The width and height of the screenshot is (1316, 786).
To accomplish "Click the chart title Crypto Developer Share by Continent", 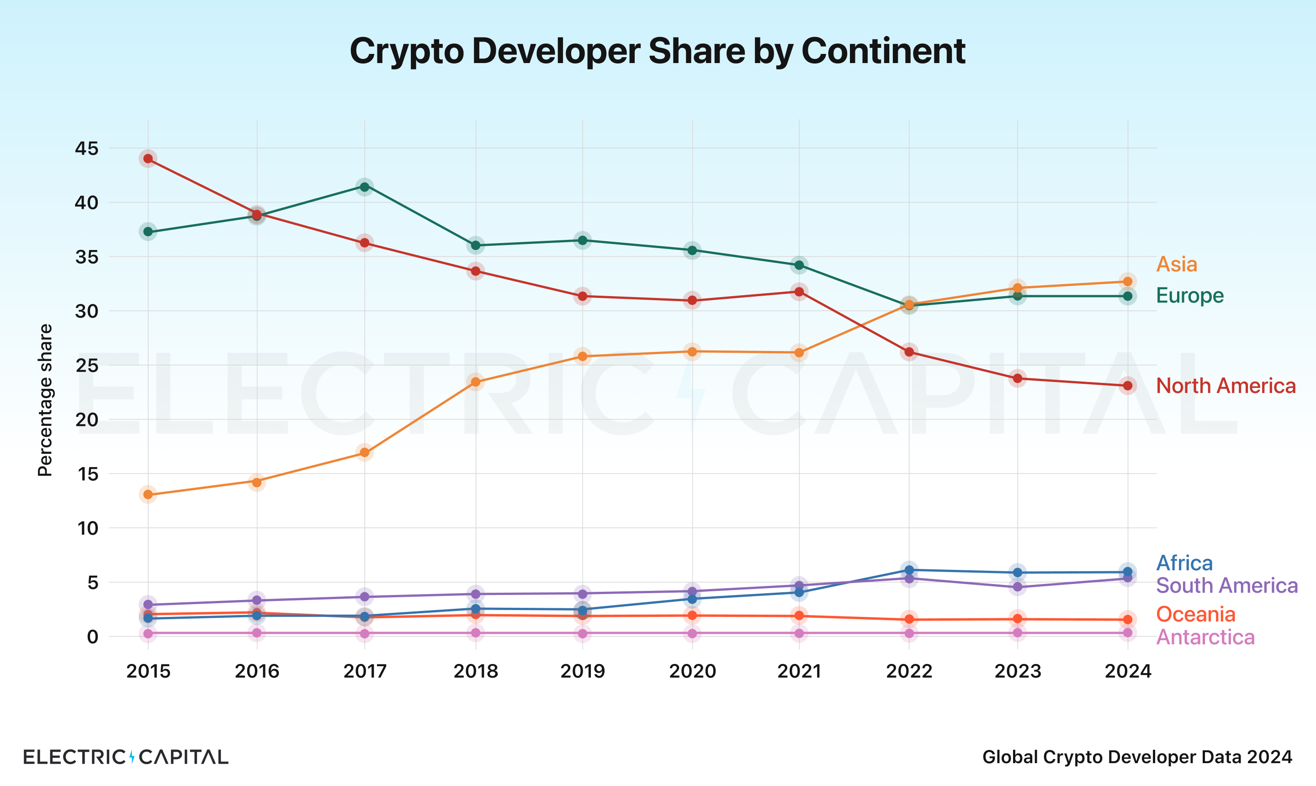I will coord(657,51).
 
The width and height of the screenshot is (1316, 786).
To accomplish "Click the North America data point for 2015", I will coord(149,159).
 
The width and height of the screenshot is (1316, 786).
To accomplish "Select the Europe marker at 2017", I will coord(364,186).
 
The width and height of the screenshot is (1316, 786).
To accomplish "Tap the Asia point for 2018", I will coord(476,382).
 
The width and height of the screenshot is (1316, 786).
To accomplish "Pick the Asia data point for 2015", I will coord(149,495).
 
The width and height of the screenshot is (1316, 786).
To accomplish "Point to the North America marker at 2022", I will coord(909,352).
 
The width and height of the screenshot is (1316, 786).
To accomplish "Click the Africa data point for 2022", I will coord(909,570).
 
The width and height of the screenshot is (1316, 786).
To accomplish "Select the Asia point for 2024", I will coord(1127,281).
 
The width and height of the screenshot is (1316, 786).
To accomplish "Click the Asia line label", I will coord(1176,264).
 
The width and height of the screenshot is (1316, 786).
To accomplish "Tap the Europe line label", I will coord(1189,295).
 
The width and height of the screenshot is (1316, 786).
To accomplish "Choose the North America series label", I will coord(1226,386).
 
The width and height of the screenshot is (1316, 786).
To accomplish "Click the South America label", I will coord(1226,585).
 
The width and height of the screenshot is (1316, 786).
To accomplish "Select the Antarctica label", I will coord(1205,637).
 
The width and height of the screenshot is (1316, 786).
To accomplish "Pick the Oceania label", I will coord(1195,614).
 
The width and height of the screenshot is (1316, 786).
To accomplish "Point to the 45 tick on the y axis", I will coord(86,149).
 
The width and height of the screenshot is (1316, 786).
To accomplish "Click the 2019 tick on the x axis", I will coord(583,671).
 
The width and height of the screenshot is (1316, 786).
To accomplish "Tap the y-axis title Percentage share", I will coord(45,400).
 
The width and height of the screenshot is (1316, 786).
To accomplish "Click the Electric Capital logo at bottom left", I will coord(126,756).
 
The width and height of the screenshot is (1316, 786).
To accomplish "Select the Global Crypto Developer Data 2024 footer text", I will coord(1137,756).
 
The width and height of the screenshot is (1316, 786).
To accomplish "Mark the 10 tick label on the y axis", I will coord(88,528).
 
